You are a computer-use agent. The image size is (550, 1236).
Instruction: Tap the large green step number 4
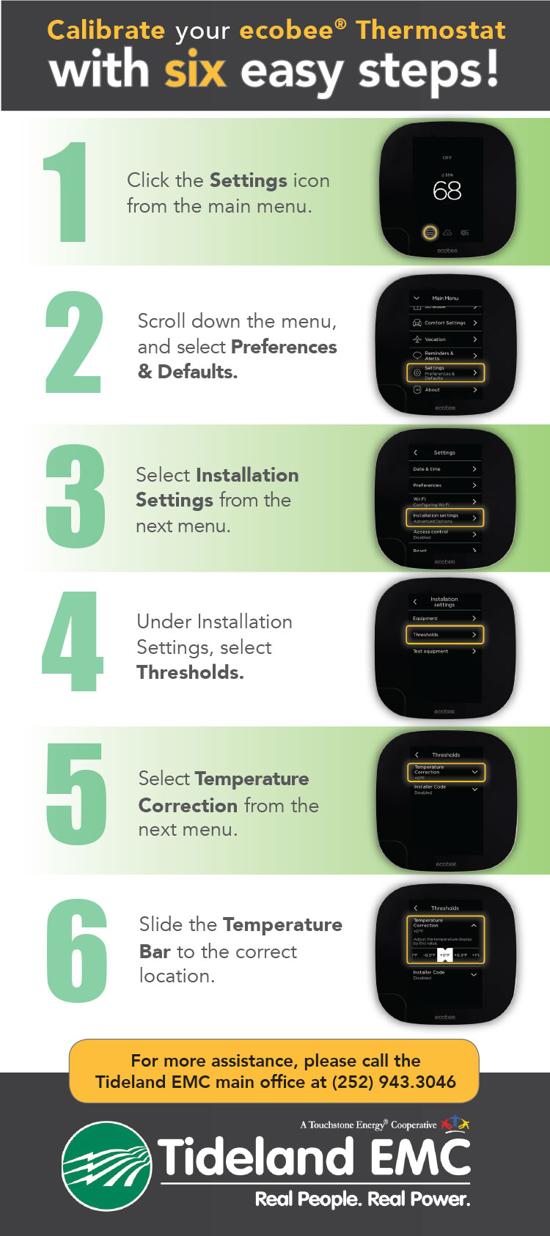72,641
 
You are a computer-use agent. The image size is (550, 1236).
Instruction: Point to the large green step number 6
77,951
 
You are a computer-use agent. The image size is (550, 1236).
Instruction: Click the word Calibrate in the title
106,30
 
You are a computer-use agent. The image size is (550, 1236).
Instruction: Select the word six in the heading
195,70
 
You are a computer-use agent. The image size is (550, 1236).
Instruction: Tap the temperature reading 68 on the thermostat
447,191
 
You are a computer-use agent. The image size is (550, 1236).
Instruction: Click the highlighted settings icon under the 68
430,232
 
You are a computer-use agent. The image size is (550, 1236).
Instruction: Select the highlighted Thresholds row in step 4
445,635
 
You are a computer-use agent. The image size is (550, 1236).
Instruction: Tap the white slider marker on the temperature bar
445,954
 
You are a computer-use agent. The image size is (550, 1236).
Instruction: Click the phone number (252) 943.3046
394,1082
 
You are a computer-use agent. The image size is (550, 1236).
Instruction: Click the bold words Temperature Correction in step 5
224,792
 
